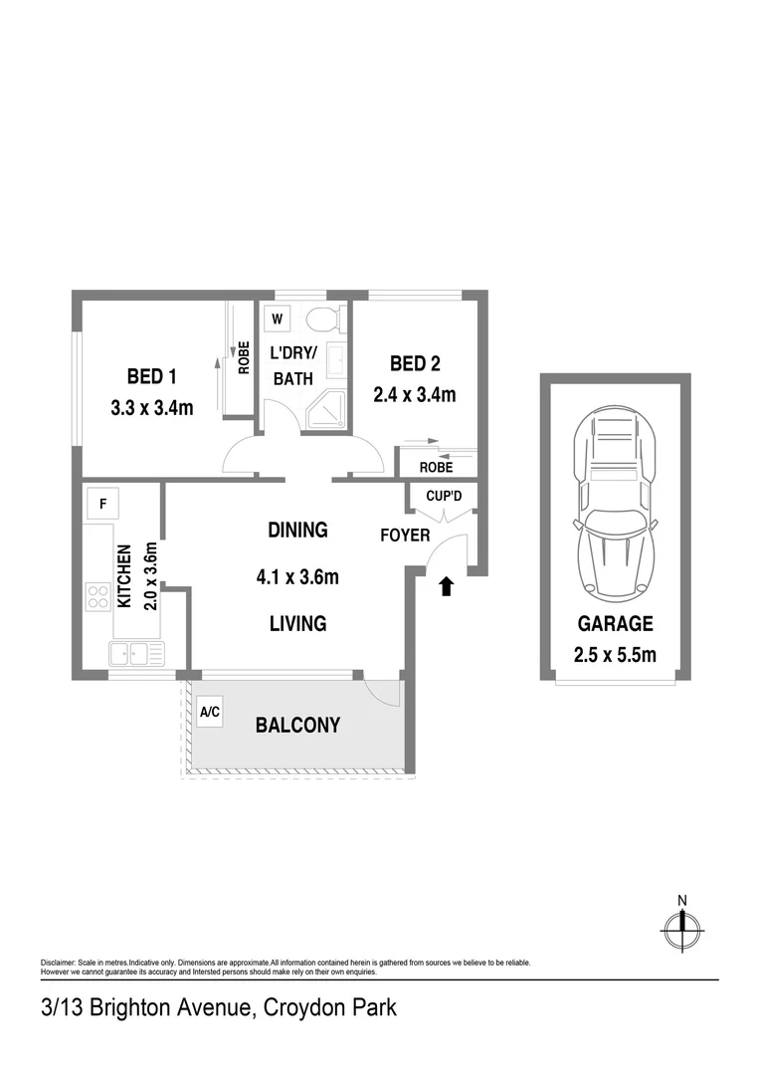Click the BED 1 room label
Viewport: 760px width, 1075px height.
pos(152,376)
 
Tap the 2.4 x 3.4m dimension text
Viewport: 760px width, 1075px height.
pos(415,395)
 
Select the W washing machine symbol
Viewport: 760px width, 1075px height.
pos(278,320)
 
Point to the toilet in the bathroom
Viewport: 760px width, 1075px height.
pos(322,320)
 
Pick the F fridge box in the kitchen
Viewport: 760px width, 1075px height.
pos(101,503)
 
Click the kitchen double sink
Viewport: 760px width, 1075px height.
pos(135,654)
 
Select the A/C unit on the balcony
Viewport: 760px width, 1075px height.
pos(210,712)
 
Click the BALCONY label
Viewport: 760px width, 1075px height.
pos(297,726)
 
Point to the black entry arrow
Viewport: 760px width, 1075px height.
pos(446,587)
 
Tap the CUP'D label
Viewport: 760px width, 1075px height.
pos(444,496)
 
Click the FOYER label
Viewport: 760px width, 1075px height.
pos(405,536)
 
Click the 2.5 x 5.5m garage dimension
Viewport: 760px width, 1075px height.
pos(616,654)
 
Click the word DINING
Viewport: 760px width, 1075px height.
pos(297,531)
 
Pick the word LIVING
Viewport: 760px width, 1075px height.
pos(297,624)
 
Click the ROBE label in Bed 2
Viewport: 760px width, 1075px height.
pos(436,466)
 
